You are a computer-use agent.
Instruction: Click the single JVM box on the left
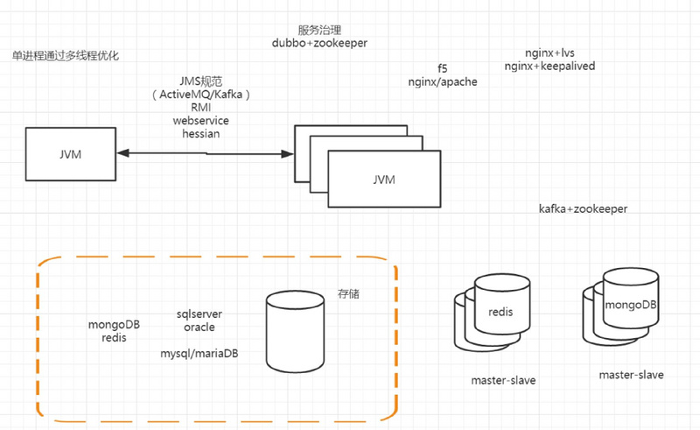69,153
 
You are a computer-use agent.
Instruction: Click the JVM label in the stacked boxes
383,180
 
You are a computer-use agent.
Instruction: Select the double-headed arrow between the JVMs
206,153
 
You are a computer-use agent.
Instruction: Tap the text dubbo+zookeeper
320,42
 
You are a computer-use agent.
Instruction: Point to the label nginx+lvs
549,53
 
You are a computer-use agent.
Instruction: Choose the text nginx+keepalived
549,66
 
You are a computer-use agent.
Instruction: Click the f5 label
443,67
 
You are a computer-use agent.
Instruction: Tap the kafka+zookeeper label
583,209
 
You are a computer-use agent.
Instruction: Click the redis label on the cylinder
500,312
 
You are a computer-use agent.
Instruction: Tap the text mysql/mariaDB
199,354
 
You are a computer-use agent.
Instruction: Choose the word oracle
199,327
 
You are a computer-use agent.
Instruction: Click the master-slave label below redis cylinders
503,381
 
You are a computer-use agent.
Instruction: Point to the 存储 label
348,294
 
